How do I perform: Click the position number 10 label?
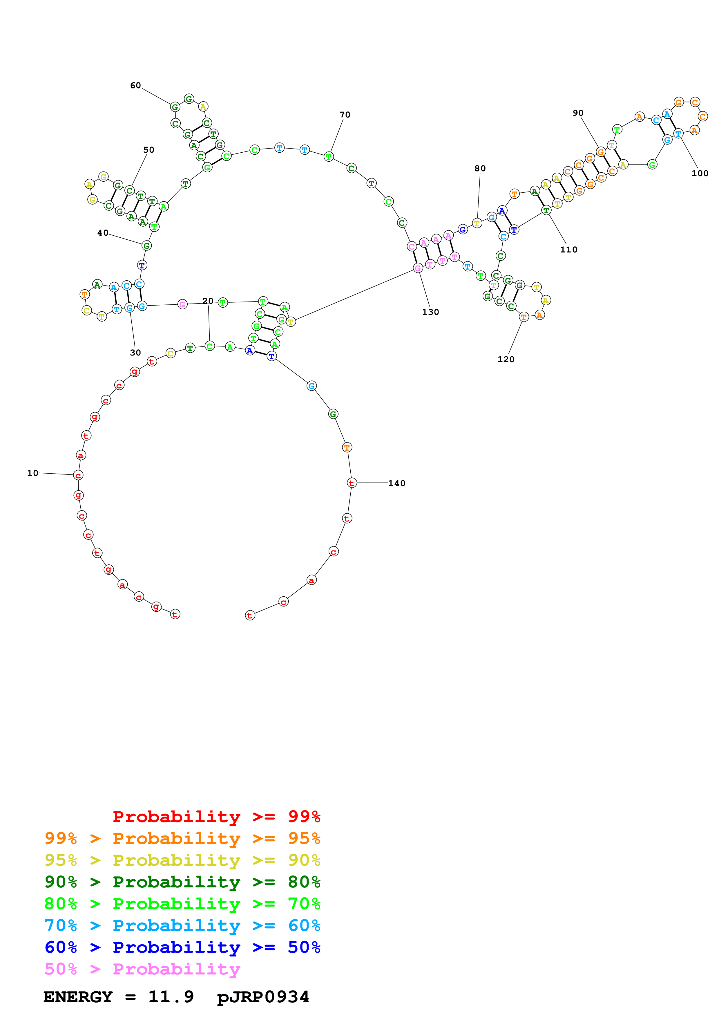(33, 473)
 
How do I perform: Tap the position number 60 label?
(135, 86)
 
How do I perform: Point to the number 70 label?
(345, 115)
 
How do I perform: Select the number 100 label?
(700, 173)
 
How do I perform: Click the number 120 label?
(506, 360)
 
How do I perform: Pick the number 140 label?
(397, 483)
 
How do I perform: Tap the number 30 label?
(135, 353)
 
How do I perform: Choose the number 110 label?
(569, 250)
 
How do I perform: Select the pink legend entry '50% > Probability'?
(142, 969)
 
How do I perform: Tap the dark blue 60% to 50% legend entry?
(182, 947)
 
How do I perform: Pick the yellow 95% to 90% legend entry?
(182, 860)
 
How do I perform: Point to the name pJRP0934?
(263, 997)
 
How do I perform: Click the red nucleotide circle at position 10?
(78, 475)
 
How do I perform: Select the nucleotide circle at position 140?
(351, 483)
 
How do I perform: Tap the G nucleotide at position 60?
(175, 107)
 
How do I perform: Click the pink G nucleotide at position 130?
(418, 268)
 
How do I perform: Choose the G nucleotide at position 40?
(147, 246)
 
